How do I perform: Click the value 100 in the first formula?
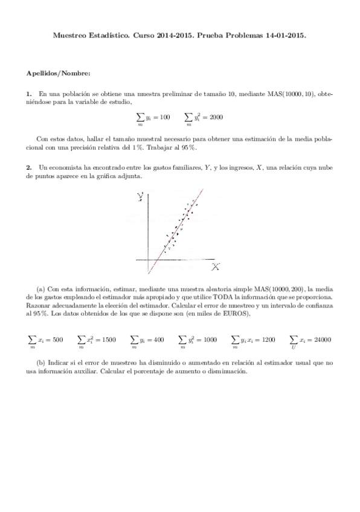(x=165, y=117)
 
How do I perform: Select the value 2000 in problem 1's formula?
(x=216, y=117)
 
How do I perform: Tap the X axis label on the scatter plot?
(x=216, y=266)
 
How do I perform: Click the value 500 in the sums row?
(x=57, y=340)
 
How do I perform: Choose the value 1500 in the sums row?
(x=109, y=340)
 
